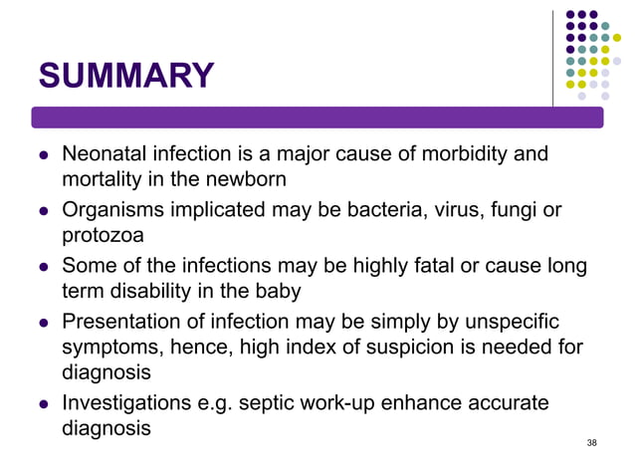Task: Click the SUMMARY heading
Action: coord(125,76)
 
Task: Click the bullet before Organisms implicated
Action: coord(43,211)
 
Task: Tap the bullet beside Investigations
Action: coord(43,404)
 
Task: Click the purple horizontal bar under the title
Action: coord(317,118)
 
